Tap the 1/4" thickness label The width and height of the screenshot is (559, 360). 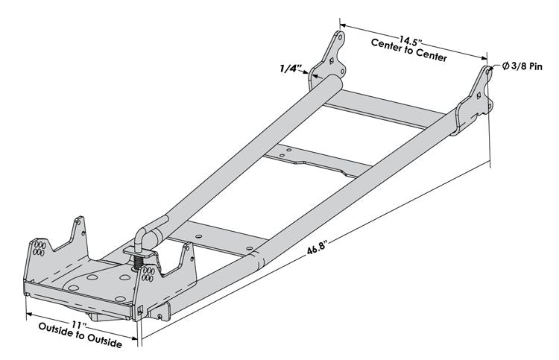click(290, 69)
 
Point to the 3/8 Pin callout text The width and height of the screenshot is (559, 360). click(530, 66)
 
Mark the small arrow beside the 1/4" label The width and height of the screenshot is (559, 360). click(306, 72)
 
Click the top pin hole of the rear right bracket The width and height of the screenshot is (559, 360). click(489, 72)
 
